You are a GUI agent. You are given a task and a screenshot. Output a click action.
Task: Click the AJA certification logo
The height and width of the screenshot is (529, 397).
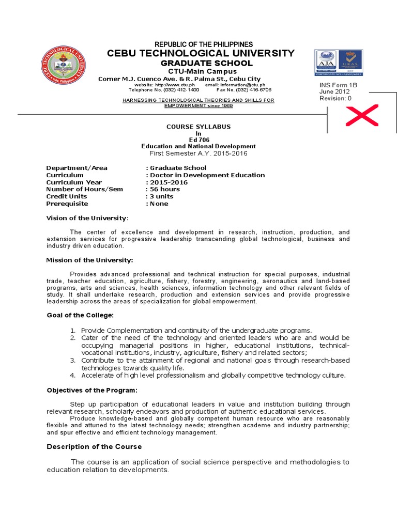[327, 63]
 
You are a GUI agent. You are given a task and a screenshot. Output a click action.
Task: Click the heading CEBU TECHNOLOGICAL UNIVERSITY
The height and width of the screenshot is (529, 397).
[201, 53]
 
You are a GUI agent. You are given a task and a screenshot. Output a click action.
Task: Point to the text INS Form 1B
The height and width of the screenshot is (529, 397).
[338, 85]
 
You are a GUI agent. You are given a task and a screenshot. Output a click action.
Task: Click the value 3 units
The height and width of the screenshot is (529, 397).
[162, 196]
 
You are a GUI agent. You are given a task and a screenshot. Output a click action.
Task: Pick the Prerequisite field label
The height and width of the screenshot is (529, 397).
[67, 204]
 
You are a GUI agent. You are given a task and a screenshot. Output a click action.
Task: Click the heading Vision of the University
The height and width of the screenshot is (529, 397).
[86, 218]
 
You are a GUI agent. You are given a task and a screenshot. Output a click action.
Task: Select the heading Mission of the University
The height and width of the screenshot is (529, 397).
[89, 260]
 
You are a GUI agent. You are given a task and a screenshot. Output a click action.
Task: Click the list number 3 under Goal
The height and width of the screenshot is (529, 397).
[73, 360]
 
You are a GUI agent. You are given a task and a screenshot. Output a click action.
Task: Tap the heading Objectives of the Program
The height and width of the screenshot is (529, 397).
[92, 390]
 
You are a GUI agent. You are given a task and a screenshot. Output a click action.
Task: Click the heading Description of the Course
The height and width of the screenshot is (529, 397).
[94, 446]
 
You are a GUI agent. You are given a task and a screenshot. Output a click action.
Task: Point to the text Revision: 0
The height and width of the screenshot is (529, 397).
[335, 98]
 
